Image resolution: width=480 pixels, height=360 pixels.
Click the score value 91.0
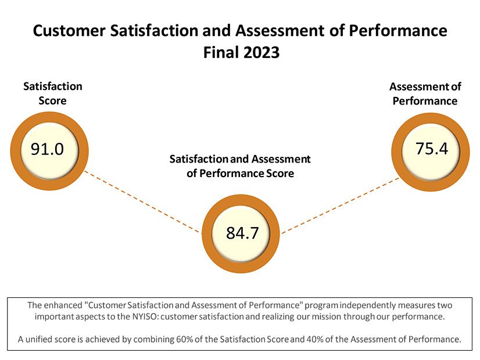click(47, 149)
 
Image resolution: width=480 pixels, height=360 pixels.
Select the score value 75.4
click(432, 148)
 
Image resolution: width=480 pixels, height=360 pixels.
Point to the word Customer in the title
click(67, 31)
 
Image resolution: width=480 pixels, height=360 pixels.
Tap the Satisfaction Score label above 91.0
click(52, 93)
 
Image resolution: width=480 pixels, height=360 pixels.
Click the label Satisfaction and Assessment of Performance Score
click(240, 165)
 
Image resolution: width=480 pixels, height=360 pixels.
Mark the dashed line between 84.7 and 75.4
click(340, 205)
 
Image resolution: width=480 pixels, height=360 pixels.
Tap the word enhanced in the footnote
click(64, 305)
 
